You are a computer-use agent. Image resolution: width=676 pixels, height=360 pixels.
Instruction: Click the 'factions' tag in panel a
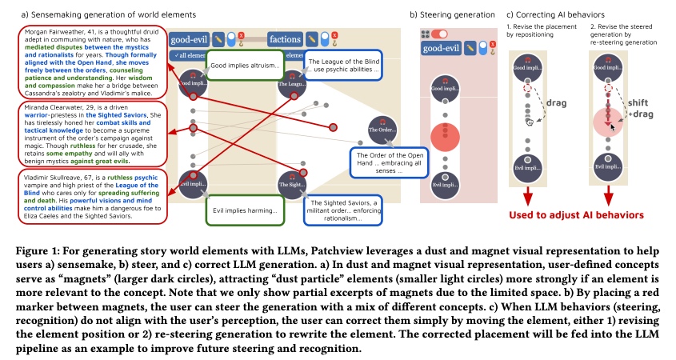(285, 38)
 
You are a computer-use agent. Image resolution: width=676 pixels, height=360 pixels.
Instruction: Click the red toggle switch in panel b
(439, 34)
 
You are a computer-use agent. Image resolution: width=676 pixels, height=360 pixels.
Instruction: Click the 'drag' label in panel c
(556, 102)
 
